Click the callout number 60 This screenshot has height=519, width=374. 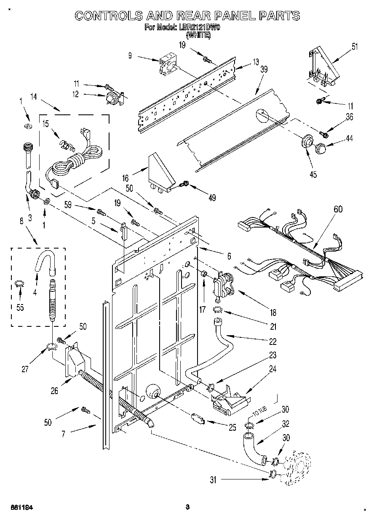pos(338,209)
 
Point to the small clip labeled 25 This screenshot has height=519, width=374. pos(198,419)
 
